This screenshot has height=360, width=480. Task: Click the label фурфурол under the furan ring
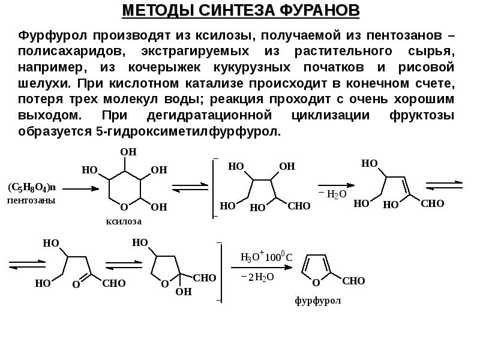(x=317, y=301)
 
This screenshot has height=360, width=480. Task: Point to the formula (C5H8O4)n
(x=31, y=188)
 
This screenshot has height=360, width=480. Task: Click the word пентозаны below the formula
(x=31, y=200)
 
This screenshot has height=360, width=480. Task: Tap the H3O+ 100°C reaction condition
(x=266, y=257)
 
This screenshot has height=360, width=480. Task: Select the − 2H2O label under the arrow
(x=258, y=277)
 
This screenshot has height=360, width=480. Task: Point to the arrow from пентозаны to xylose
(x=80, y=188)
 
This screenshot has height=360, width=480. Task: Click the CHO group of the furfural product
(x=353, y=281)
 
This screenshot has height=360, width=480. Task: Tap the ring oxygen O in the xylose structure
(x=124, y=207)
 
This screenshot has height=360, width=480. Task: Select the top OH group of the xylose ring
(x=128, y=152)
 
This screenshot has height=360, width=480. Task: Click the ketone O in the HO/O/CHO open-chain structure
(x=76, y=286)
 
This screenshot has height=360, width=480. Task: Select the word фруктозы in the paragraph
(x=419, y=116)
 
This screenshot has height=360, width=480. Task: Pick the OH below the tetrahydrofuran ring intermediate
(x=183, y=292)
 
